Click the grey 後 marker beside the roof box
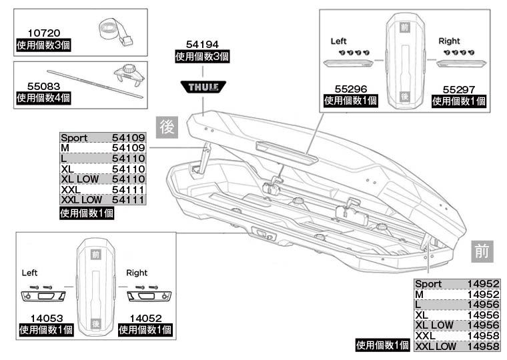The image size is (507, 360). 166,126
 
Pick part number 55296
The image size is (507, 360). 350,88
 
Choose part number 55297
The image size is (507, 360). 459,88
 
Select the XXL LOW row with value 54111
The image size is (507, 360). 103,200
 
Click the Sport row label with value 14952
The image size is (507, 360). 428,284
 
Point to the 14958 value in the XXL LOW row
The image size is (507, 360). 484,347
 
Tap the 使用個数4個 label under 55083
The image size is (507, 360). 43,99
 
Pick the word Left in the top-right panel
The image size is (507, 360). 339,41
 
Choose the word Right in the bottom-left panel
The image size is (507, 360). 137,273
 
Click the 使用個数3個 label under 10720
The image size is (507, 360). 43,45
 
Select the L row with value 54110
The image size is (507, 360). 103,159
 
